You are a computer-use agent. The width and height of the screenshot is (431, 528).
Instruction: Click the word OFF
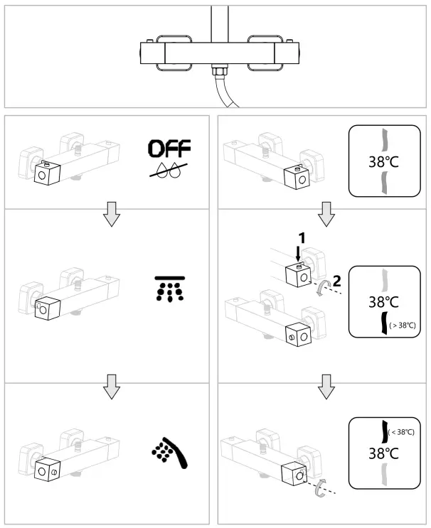(x=169, y=148)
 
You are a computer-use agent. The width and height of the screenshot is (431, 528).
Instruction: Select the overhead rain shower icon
(x=169, y=288)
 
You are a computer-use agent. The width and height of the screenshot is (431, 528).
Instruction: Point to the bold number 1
(x=302, y=239)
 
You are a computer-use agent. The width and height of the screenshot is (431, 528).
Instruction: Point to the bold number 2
(x=336, y=280)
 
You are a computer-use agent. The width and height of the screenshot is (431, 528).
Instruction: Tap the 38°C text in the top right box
(x=383, y=161)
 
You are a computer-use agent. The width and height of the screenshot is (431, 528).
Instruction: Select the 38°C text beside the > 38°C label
(x=383, y=302)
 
